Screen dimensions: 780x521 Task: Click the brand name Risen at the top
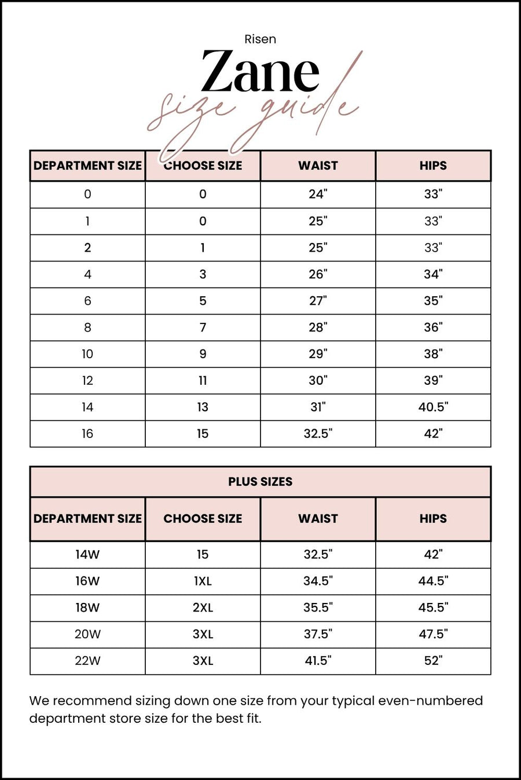click(x=260, y=39)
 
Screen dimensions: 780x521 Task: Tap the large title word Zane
click(x=260, y=72)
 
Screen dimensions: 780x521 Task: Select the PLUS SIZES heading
click(x=260, y=481)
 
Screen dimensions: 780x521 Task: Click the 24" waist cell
click(x=318, y=194)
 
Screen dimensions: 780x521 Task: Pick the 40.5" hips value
click(x=433, y=407)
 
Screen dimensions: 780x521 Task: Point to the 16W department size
click(x=87, y=581)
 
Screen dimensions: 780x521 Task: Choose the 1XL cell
click(x=203, y=581)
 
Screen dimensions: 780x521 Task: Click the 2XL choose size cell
click(x=203, y=608)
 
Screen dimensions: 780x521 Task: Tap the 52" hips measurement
click(x=433, y=661)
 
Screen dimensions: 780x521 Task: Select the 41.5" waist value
click(x=318, y=661)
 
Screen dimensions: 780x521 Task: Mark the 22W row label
click(x=87, y=661)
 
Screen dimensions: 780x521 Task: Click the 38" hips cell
click(x=433, y=354)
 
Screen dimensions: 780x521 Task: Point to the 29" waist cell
click(x=318, y=354)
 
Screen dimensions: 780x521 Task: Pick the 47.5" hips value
click(x=433, y=634)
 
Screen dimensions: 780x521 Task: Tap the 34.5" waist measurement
click(x=318, y=581)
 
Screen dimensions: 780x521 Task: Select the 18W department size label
click(x=87, y=608)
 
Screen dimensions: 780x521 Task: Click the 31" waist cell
click(x=318, y=407)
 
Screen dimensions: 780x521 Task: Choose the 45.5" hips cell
click(x=433, y=608)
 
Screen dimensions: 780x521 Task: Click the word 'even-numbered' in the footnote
click(x=430, y=701)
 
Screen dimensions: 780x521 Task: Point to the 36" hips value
click(x=433, y=328)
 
